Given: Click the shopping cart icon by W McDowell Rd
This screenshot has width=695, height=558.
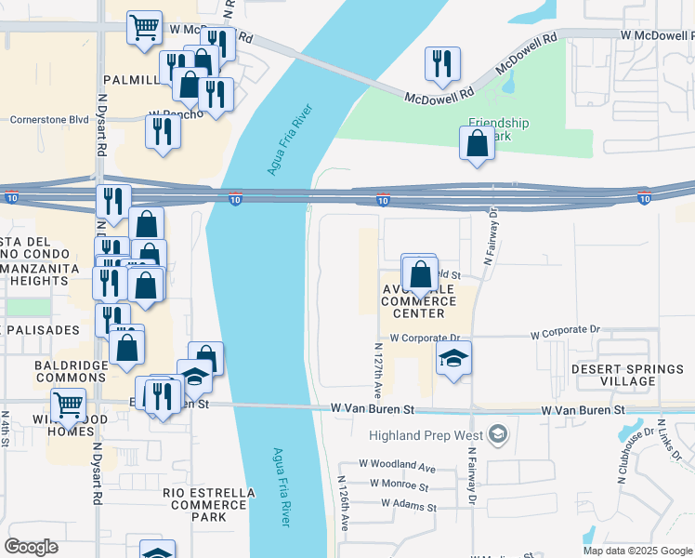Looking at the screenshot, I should click(144, 27).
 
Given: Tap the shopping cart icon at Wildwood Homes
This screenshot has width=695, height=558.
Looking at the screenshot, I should click(69, 405).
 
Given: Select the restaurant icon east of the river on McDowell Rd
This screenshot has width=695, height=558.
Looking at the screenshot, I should click(441, 63).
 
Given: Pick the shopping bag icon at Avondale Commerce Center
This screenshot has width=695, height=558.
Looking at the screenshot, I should click(420, 273).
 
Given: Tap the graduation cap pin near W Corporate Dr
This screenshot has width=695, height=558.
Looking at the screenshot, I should click(453, 358).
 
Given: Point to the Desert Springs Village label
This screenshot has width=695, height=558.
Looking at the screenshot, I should click(626, 375).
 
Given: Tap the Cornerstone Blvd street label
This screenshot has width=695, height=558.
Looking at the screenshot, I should click(48, 120).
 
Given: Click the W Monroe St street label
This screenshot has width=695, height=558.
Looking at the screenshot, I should click(399, 485).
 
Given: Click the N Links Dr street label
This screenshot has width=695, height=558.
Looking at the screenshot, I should click(668, 441).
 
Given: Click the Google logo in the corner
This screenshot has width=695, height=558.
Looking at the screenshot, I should click(32, 546).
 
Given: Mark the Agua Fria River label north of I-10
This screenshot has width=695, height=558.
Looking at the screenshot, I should click(290, 140).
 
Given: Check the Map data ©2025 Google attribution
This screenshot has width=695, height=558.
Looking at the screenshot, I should click(636, 551).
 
